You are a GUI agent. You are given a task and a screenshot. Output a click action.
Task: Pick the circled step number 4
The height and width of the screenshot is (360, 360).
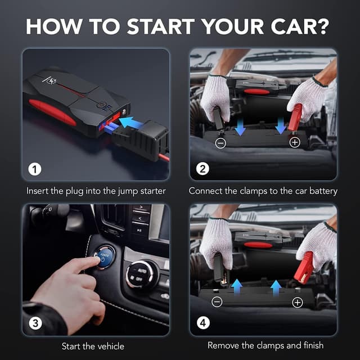point(202,323)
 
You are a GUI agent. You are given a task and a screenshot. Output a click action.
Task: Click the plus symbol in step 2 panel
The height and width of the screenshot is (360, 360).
point(294,142)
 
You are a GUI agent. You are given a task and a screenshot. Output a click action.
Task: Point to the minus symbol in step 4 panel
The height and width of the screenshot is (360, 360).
point(217,303)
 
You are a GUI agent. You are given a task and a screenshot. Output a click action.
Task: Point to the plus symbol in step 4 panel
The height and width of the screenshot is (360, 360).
point(298,303)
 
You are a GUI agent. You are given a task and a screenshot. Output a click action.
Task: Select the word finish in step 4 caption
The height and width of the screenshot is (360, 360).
point(310,345)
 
